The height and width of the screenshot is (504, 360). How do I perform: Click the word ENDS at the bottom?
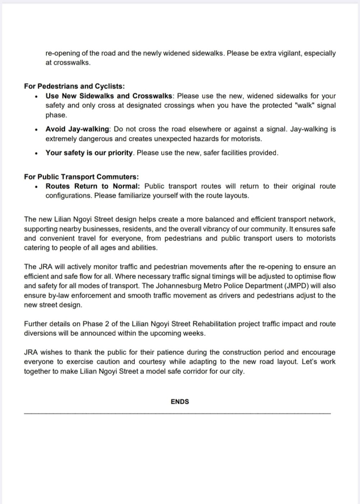180,402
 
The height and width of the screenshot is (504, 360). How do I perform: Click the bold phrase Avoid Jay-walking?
78,129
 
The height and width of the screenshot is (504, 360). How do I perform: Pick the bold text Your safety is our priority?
89,153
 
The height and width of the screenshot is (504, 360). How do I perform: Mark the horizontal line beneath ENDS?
177,413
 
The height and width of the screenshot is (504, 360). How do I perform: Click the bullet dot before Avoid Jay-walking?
37,130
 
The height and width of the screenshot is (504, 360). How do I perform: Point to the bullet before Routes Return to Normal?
37,187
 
